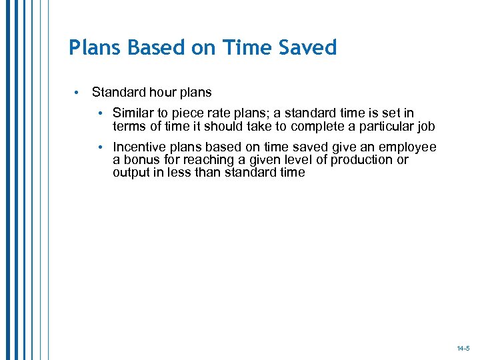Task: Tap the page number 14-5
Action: [x=463, y=348]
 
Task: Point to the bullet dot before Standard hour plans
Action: [x=77, y=92]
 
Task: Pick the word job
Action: [x=426, y=126]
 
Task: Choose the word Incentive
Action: [x=139, y=147]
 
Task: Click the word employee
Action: [x=410, y=147]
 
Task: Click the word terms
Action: [x=129, y=126]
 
